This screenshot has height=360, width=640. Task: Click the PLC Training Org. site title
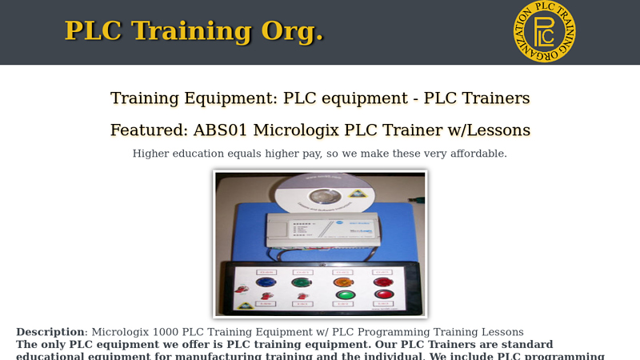point(194,30)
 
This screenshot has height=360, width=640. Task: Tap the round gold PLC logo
point(544,32)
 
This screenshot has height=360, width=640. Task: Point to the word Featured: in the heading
point(149,130)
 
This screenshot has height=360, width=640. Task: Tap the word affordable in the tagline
point(473,154)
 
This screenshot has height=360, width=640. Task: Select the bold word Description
point(50,331)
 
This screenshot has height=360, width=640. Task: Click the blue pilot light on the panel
point(263,282)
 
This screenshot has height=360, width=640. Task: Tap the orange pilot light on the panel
point(341,282)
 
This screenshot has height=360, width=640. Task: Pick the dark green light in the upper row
point(302,282)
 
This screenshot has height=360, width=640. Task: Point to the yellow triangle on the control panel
point(243,305)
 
